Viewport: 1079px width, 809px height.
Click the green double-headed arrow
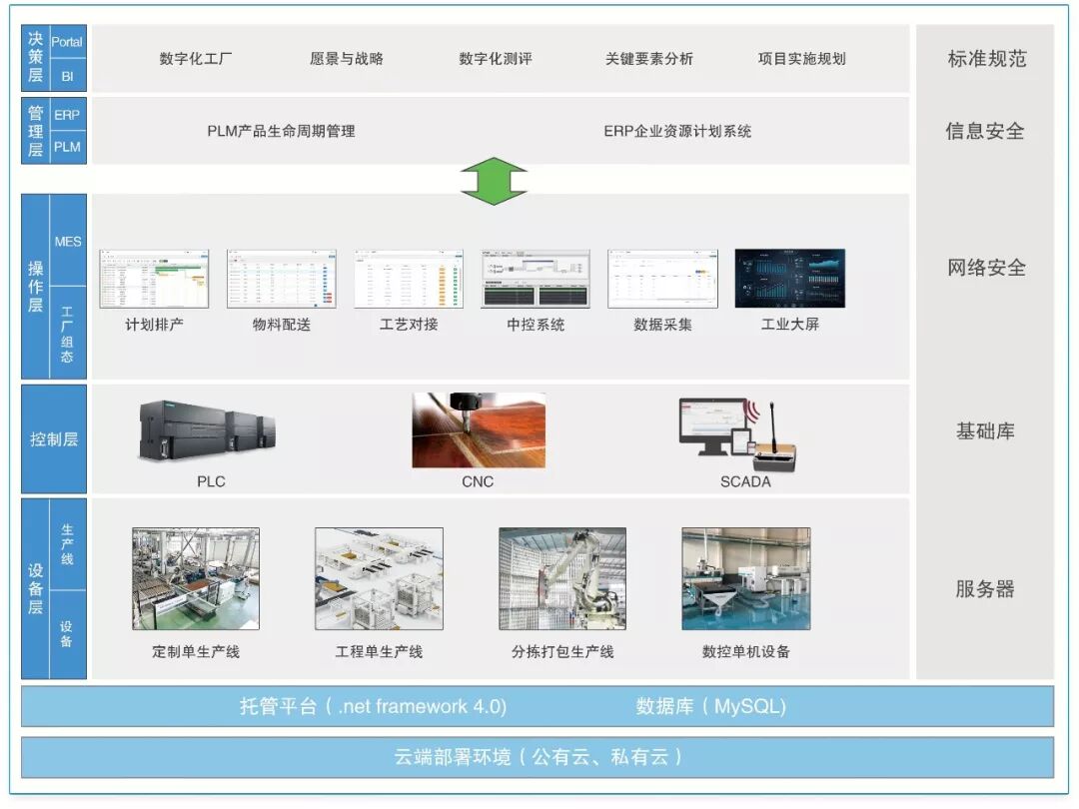494,181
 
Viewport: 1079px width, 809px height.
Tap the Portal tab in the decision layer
67,42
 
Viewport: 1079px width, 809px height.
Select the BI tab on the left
67,75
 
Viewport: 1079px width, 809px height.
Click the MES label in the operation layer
68,242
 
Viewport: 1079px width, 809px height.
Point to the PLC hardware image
207,431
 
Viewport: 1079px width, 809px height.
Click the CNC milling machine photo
479,430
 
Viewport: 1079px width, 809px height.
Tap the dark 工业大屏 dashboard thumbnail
789,279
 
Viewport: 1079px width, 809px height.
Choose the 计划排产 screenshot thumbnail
154,279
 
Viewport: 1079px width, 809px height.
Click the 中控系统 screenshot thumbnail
536,279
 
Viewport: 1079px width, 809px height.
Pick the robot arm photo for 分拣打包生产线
562,579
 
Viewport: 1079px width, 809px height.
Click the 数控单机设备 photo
745,579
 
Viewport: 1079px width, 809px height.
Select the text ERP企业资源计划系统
677,131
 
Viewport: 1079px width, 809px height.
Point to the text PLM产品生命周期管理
281,131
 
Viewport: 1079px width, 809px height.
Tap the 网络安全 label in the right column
986,268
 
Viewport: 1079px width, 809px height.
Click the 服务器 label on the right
985,589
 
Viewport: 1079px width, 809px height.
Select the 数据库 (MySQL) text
710,706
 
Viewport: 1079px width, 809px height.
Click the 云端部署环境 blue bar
538,757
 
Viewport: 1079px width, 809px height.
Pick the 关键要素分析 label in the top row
648,59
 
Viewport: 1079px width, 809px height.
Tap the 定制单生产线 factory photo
196,579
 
